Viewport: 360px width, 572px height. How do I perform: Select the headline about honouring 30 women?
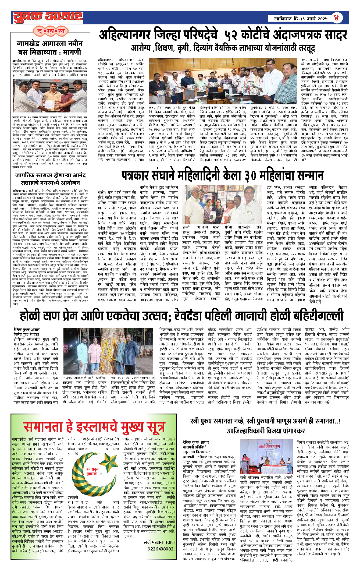tap(223, 176)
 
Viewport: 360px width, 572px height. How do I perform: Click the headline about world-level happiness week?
tap(51, 179)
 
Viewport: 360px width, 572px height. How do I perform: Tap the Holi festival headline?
tap(181, 316)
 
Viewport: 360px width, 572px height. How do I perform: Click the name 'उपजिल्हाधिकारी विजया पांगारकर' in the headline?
tap(265, 431)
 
